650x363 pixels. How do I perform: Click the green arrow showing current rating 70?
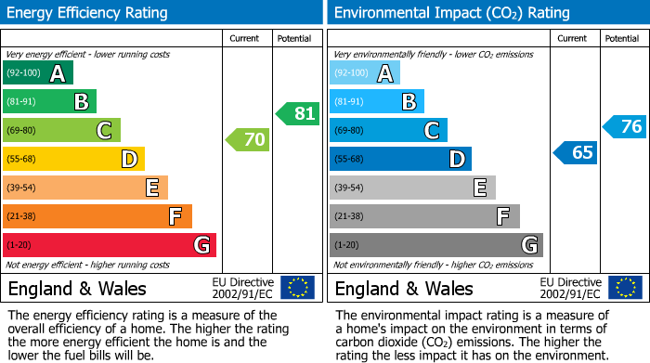(x=248, y=140)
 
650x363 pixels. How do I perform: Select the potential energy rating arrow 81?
(x=298, y=114)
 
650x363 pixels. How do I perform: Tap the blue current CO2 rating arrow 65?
(x=576, y=152)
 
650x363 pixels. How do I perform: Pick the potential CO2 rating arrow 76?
(x=625, y=126)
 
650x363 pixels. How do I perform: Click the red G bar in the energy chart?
(x=110, y=245)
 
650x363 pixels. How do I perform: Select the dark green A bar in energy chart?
(x=38, y=73)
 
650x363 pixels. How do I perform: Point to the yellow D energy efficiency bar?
(x=74, y=159)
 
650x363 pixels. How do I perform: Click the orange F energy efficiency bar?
(x=97, y=216)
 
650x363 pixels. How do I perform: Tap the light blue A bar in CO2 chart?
(x=365, y=73)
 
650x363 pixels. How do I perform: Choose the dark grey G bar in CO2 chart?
(x=435, y=245)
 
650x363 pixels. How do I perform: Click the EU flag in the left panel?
(x=297, y=288)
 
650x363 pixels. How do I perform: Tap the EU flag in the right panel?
(x=625, y=288)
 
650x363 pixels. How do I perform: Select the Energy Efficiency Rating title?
(x=88, y=13)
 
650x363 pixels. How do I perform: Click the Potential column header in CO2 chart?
(x=622, y=38)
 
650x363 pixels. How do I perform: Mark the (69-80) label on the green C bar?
(x=22, y=131)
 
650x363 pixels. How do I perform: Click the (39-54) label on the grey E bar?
(x=350, y=188)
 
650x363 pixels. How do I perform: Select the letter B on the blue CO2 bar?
(x=409, y=102)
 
